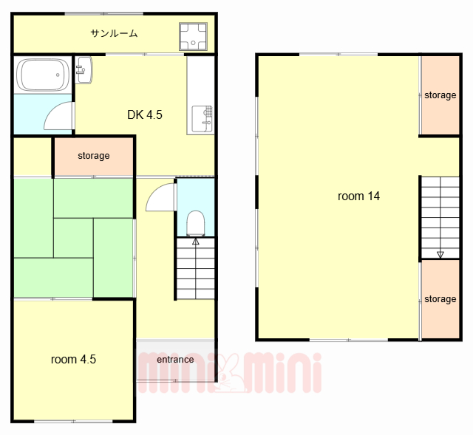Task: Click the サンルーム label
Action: point(114,33)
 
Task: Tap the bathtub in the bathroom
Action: point(43,75)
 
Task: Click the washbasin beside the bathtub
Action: point(84,70)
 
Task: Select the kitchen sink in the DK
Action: point(202,119)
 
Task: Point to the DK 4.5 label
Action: point(145,115)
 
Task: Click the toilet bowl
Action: point(195,223)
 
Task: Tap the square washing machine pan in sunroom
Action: point(193,36)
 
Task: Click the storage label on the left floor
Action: point(94,156)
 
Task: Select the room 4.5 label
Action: point(73,360)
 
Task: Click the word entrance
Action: point(175,360)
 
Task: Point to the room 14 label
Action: point(358,196)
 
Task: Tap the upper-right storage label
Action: point(440,95)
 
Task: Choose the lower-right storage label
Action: point(440,299)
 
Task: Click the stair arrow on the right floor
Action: point(440,255)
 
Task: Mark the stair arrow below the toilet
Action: point(196,242)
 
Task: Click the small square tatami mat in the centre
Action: point(73,238)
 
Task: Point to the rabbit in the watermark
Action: point(230,373)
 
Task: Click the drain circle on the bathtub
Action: point(58,75)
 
